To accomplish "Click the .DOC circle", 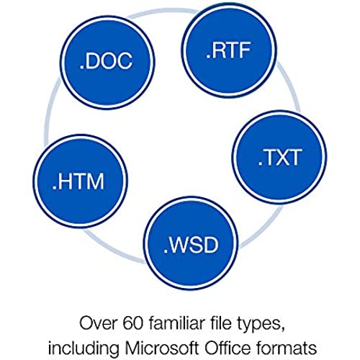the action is (x=107, y=63).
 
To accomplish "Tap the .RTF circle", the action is (x=229, y=50).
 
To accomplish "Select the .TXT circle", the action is (x=279, y=158).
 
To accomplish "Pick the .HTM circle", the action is (x=80, y=181).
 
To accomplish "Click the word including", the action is (x=84, y=349).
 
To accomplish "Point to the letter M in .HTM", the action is (x=96, y=181).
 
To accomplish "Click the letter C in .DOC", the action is (x=124, y=60).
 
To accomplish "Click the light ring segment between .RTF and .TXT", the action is (x=292, y=84).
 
